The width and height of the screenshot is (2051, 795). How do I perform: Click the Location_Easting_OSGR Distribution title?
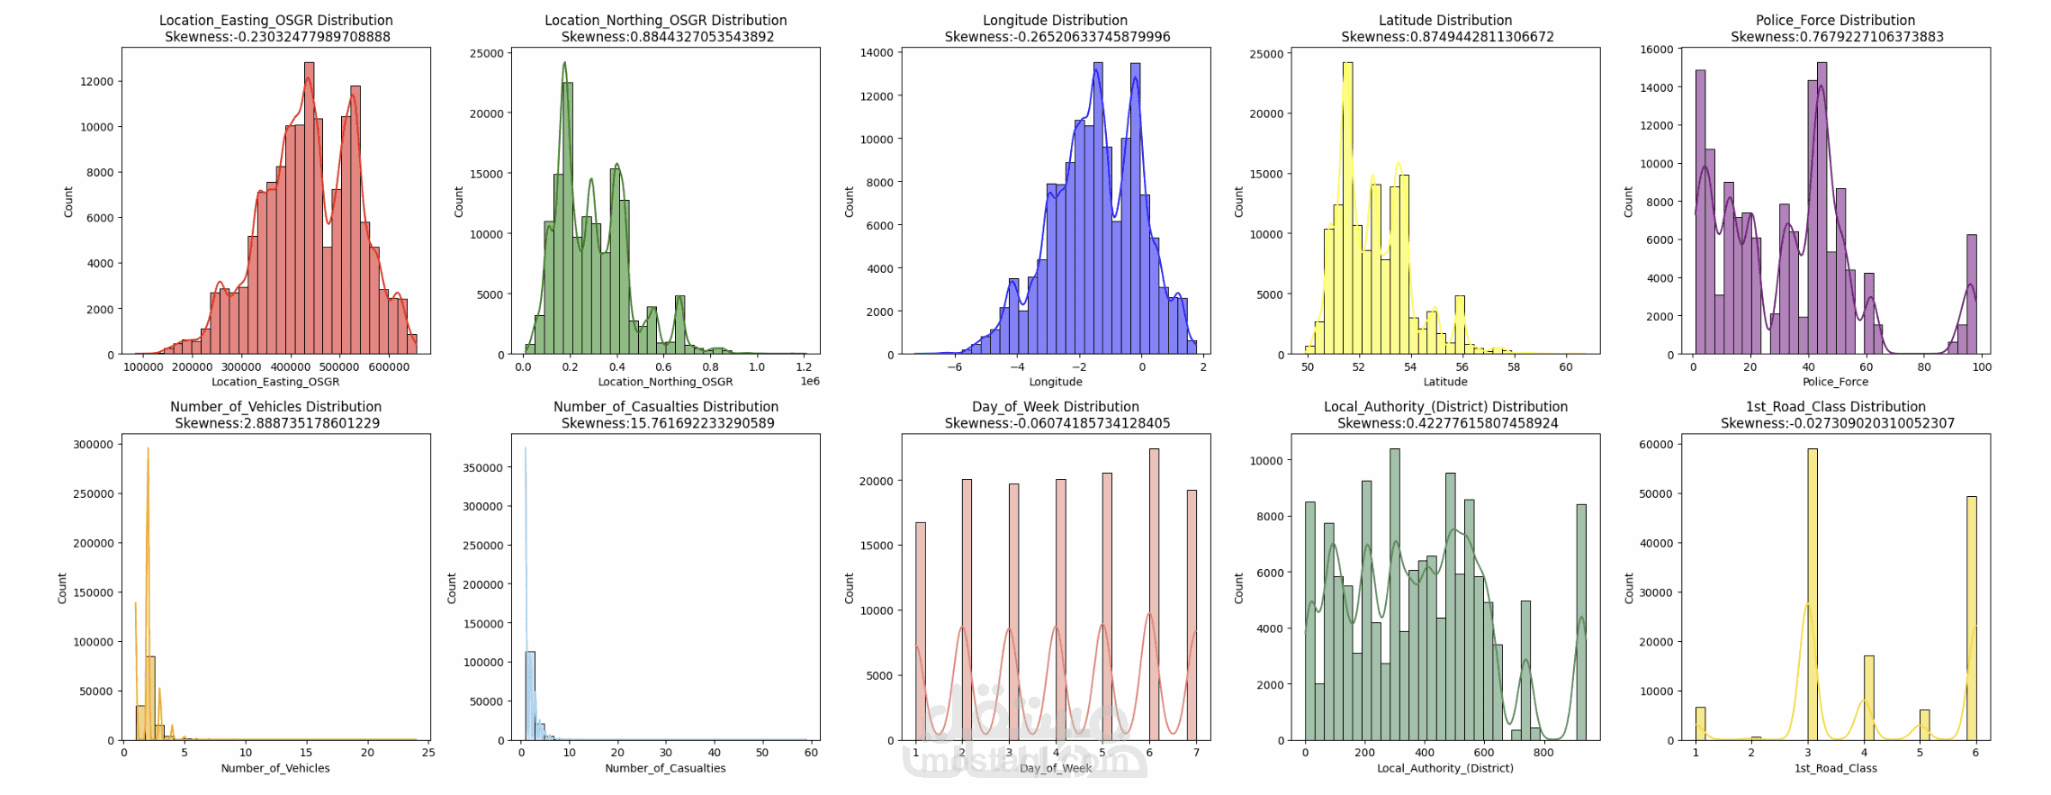point(275,20)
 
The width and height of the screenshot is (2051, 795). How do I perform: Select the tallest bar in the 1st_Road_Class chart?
point(1812,594)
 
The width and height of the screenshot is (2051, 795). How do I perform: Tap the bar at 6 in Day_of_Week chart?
point(1154,594)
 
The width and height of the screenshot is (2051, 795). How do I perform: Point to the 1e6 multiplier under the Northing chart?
point(810,382)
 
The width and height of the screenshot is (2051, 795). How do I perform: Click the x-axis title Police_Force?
point(1835,382)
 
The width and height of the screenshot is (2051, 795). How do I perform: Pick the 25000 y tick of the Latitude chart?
point(1266,54)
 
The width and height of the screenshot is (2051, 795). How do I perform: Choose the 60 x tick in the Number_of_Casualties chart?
point(811,753)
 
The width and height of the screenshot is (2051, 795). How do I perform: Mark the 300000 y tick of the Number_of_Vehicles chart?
point(94,444)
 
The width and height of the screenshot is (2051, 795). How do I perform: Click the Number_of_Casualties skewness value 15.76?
point(668,423)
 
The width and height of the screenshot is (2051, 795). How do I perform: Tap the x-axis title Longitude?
point(1056,382)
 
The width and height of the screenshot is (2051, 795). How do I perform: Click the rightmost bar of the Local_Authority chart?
point(1581,621)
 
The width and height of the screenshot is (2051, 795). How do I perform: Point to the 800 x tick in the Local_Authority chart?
point(1543,753)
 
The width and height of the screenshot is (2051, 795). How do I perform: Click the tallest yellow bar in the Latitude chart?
point(1347,207)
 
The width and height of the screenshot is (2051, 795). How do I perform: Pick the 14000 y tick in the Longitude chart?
point(877,52)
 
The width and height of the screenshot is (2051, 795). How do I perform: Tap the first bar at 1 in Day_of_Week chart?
point(920,630)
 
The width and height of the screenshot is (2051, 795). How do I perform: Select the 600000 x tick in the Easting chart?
point(389,366)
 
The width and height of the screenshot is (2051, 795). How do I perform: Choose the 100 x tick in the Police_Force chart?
point(1982,366)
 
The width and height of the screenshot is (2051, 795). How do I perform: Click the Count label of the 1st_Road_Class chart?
point(1628,588)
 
